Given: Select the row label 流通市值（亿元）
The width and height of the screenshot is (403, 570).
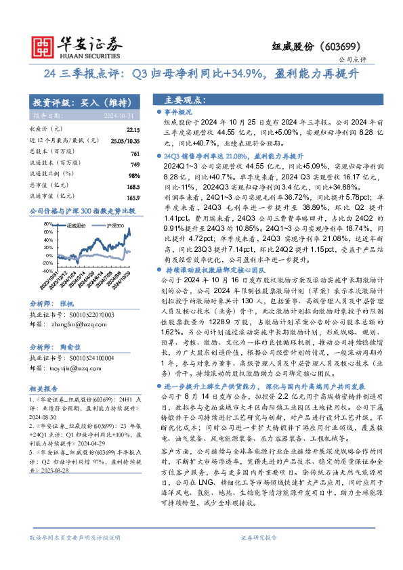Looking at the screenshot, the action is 55,197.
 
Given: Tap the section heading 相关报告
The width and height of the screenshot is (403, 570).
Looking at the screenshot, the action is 45,389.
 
